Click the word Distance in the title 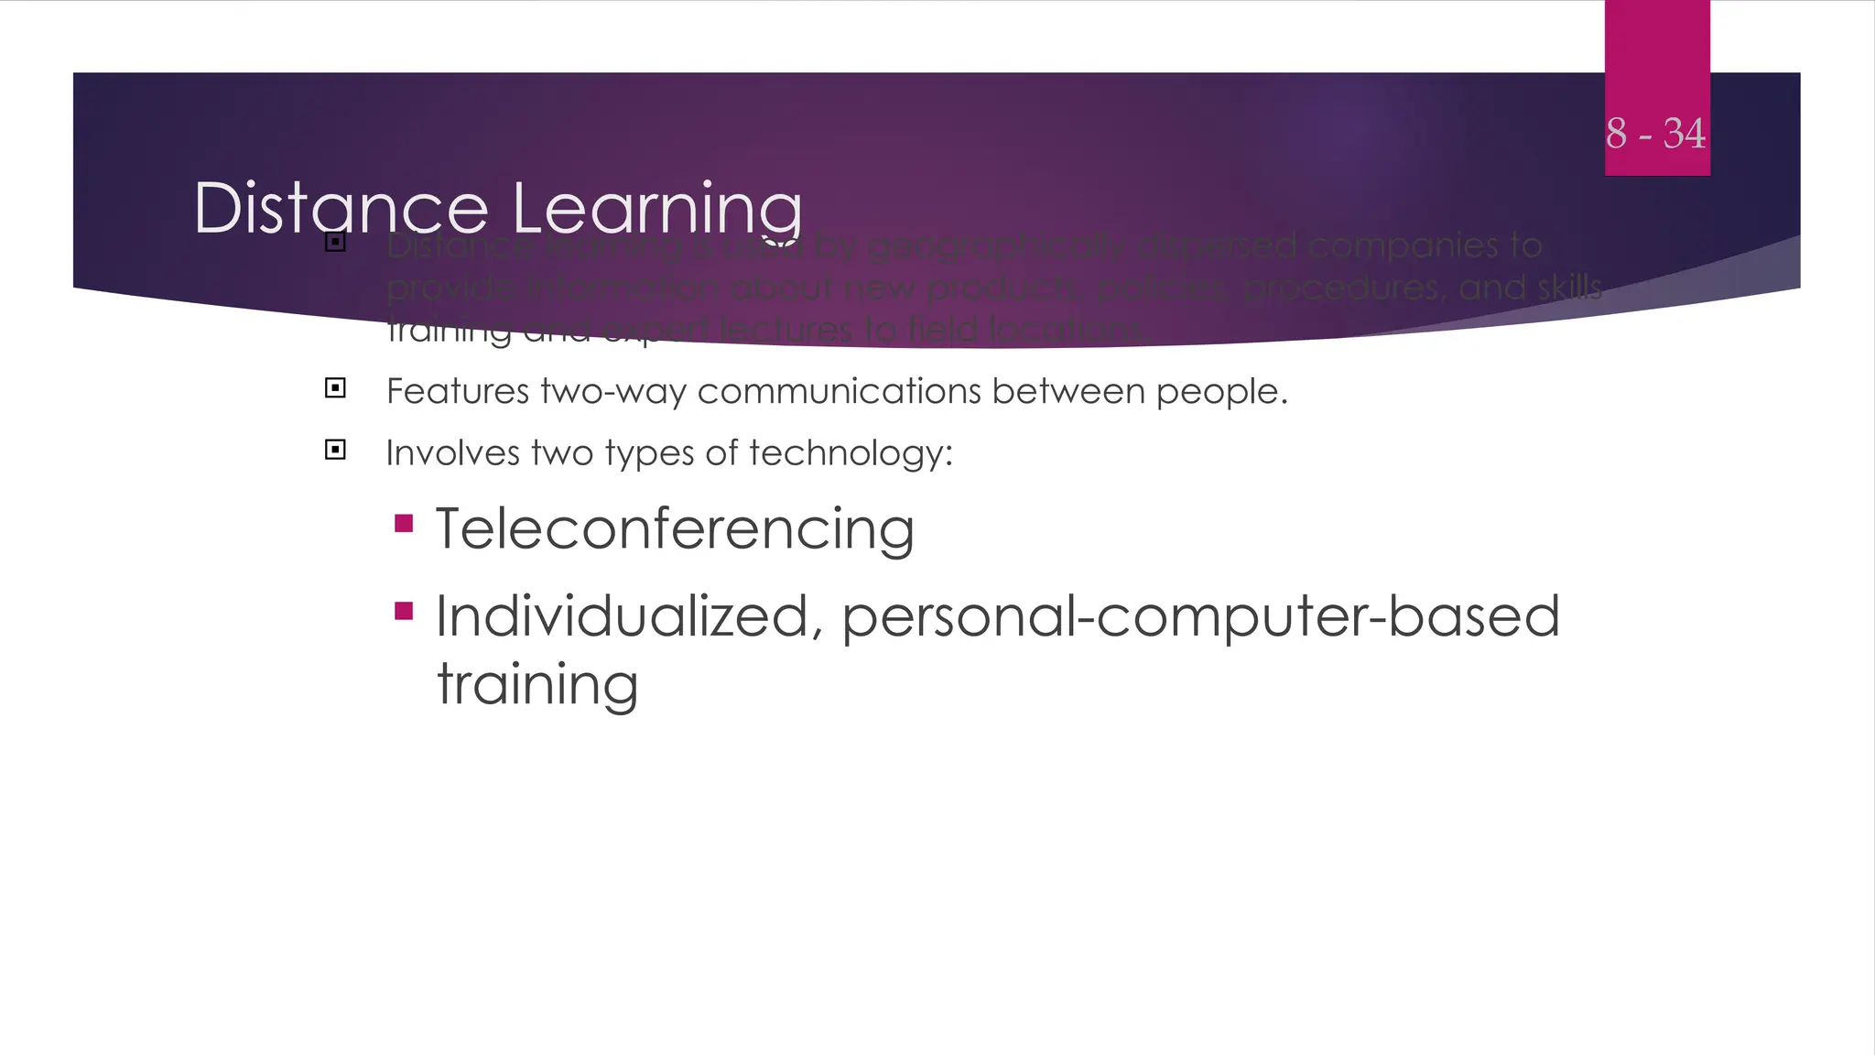click(x=341, y=209)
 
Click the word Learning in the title click(x=656, y=209)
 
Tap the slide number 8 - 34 click(x=1655, y=134)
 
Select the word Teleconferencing click(x=675, y=529)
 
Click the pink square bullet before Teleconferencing click(x=404, y=524)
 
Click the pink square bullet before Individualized click(x=404, y=611)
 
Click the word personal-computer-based click(x=1200, y=616)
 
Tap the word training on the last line click(x=537, y=683)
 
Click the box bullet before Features click(x=335, y=388)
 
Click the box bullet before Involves click(x=335, y=450)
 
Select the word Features click(x=458, y=392)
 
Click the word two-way click(x=613, y=392)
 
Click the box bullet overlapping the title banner click(x=335, y=243)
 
